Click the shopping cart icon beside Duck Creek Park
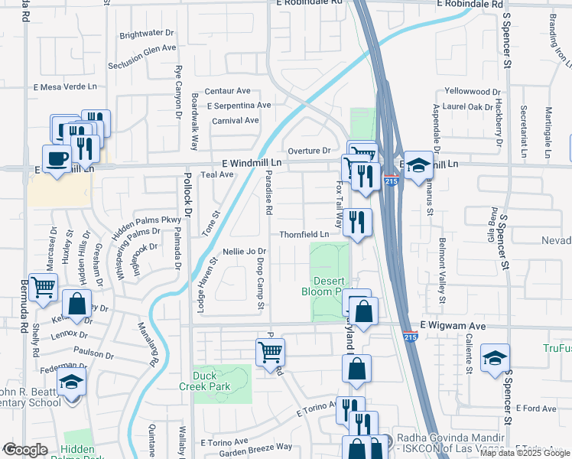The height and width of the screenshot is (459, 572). point(270,353)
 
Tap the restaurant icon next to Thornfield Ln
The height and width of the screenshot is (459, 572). point(357,223)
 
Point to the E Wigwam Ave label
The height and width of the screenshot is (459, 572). point(453,325)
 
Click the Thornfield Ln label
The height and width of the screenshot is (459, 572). point(304,234)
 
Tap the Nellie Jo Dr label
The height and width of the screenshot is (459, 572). point(243,251)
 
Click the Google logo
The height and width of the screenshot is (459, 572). point(25,449)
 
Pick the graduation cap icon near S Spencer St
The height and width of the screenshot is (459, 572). point(495,357)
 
